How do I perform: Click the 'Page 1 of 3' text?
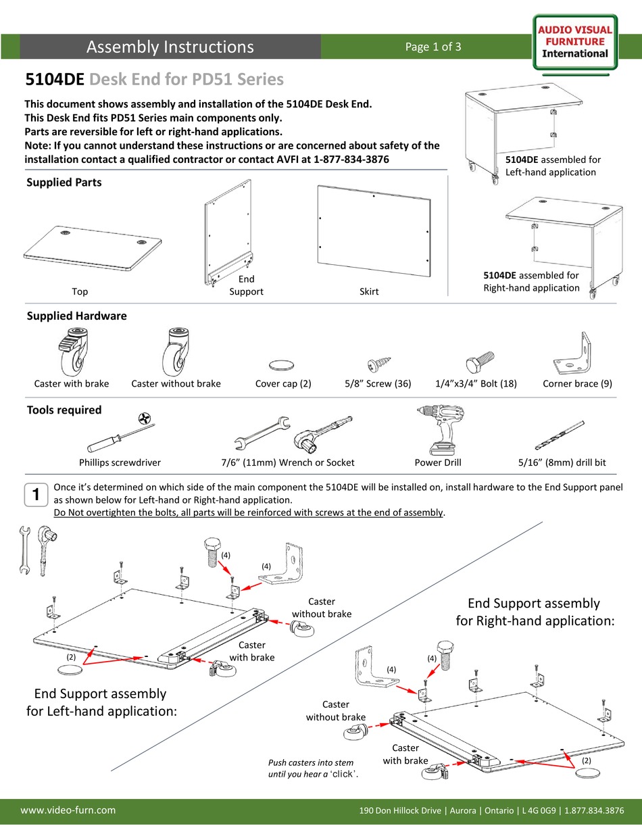433,47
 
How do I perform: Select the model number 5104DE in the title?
55,80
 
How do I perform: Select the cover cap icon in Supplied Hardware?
282,365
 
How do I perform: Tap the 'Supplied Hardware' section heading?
76,316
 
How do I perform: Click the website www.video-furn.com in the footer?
68,810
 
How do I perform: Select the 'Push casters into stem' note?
311,768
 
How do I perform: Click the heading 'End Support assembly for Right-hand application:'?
535,611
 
